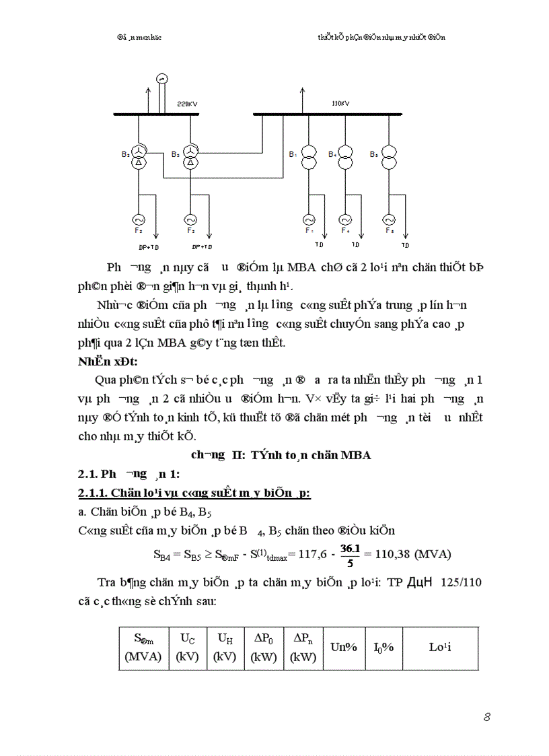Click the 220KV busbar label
(187, 104)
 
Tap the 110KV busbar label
(340, 104)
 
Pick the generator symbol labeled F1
(309, 219)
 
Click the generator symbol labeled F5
(388, 219)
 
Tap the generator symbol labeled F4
(345, 219)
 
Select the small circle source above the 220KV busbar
(161, 79)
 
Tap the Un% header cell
(343, 648)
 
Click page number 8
(486, 717)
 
